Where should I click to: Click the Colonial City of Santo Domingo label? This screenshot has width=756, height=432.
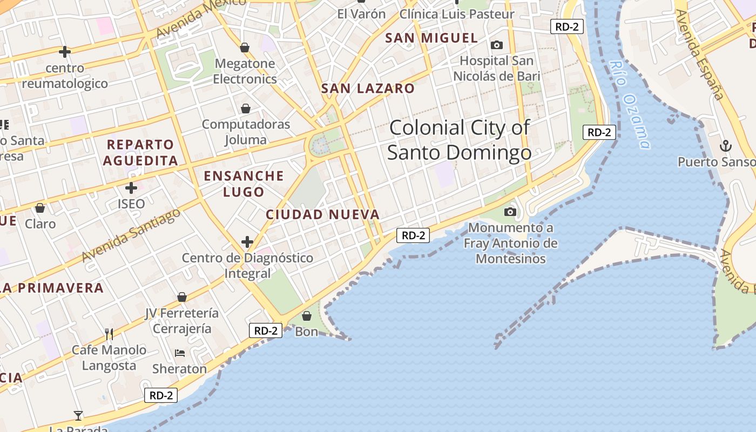coord(459,140)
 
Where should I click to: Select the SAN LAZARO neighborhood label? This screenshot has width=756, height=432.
coord(368,89)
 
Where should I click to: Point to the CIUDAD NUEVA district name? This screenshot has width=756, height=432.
coord(323,214)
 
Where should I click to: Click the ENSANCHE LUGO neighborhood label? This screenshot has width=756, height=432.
coord(244,184)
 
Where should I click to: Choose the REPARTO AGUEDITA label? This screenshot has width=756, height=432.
coord(140,152)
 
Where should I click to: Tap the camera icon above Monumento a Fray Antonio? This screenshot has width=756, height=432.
coord(510,212)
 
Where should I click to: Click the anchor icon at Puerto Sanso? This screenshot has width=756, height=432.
coord(726,146)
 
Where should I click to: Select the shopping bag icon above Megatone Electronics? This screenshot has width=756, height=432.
coord(245,48)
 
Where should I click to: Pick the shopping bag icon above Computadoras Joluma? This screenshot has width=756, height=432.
coord(246,109)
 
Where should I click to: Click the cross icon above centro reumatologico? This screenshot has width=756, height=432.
coord(65,52)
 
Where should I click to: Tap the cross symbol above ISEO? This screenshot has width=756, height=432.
coord(131,188)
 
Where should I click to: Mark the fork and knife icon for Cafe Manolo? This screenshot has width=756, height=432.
coord(109,334)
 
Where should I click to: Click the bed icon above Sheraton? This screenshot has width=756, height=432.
coord(180,353)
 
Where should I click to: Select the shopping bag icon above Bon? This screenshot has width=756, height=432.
coord(307,315)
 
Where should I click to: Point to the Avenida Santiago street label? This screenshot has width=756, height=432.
coord(131,235)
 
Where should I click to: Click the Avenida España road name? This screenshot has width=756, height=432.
coord(699,54)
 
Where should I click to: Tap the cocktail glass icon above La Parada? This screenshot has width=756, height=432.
coord(79,415)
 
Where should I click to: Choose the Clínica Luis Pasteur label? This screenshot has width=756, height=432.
coord(457,14)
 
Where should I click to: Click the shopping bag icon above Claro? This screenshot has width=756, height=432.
coord(40,208)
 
